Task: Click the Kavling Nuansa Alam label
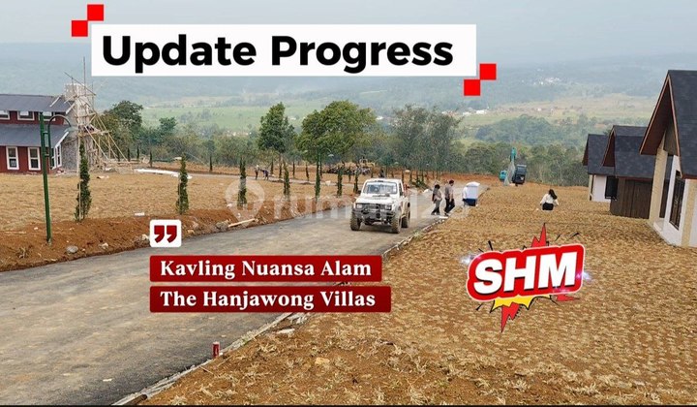(x=265, y=268)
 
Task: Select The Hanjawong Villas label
(x=270, y=298)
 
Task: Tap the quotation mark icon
(x=166, y=234)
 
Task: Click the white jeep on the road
(x=381, y=203)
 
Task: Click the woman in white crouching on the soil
(x=550, y=200)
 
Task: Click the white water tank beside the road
(x=471, y=193)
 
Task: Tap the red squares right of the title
(x=480, y=78)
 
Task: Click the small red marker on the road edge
(x=216, y=349)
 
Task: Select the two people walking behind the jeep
(x=442, y=198)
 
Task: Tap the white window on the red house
(x=12, y=157)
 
